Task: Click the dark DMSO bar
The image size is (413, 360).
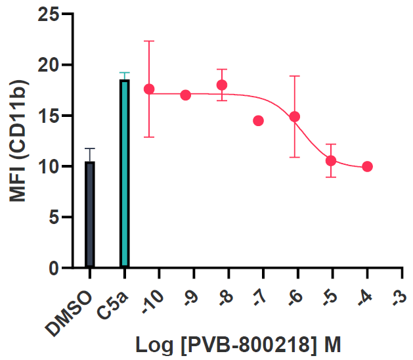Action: click(x=89, y=214)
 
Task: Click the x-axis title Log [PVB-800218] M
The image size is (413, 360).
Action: click(x=239, y=344)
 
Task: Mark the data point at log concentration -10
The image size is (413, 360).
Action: click(x=149, y=89)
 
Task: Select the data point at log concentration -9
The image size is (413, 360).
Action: click(x=186, y=95)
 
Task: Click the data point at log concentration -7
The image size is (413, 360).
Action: click(x=258, y=121)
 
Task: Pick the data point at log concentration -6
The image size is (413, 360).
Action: click(x=295, y=117)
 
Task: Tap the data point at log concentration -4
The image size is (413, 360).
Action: click(x=367, y=166)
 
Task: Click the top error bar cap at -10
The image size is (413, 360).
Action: click(x=149, y=41)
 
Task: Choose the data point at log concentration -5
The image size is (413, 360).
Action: click(x=331, y=160)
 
